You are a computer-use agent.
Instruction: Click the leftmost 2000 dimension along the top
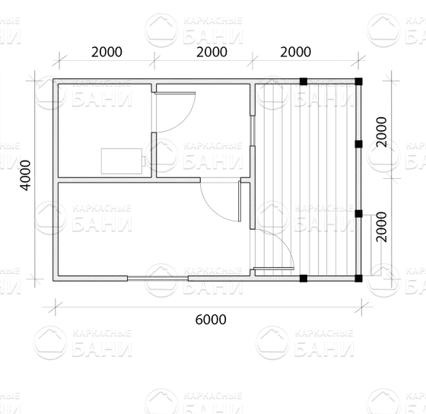click(106, 52)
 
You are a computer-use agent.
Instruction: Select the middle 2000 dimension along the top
click(211, 52)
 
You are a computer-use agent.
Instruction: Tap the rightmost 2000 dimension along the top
click(296, 52)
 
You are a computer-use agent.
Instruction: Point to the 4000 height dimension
click(26, 175)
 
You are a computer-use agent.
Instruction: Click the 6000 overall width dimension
click(211, 320)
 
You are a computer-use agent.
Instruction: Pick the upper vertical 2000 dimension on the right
click(381, 132)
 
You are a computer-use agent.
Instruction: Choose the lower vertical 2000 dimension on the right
click(381, 227)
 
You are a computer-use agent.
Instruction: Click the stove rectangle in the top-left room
click(122, 161)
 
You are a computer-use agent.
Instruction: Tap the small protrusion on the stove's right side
click(144, 161)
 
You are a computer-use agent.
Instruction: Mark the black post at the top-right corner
click(358, 81)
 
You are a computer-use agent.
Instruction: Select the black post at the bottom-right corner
click(358, 279)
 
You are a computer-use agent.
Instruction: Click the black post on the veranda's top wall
click(304, 81)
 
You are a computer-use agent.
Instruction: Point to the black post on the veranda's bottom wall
click(304, 279)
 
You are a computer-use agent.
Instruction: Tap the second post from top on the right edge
click(358, 144)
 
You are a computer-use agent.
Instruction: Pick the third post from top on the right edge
click(358, 214)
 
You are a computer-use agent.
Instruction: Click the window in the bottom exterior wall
click(157, 278)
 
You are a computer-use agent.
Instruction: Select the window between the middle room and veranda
click(253, 131)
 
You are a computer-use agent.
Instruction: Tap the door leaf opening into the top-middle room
click(175, 93)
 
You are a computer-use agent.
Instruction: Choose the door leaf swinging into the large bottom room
click(240, 201)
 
